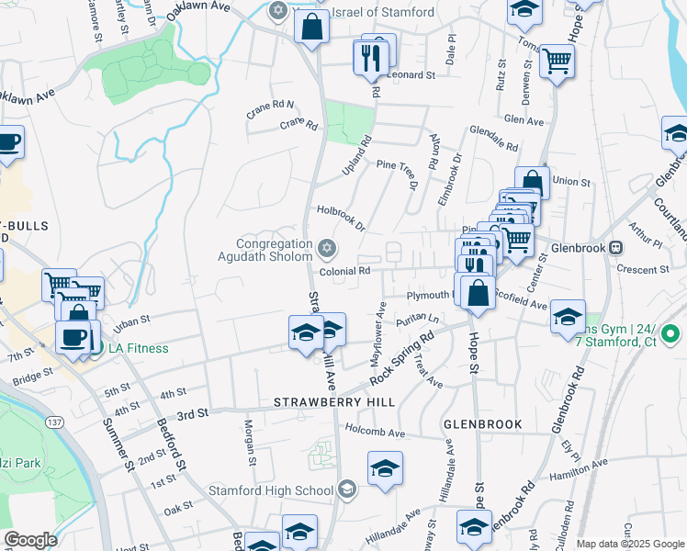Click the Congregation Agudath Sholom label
click(x=275, y=251)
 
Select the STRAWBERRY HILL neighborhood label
click(x=334, y=402)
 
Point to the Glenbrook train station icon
click(x=617, y=246)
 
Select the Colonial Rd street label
click(x=344, y=271)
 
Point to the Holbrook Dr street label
click(x=341, y=218)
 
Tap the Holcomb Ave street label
click(x=375, y=431)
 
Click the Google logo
click(x=30, y=540)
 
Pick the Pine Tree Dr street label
click(x=398, y=173)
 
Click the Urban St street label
click(x=131, y=323)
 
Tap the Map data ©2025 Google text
click(x=629, y=544)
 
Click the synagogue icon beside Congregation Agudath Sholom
click(x=326, y=248)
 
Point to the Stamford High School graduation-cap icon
click(x=346, y=489)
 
